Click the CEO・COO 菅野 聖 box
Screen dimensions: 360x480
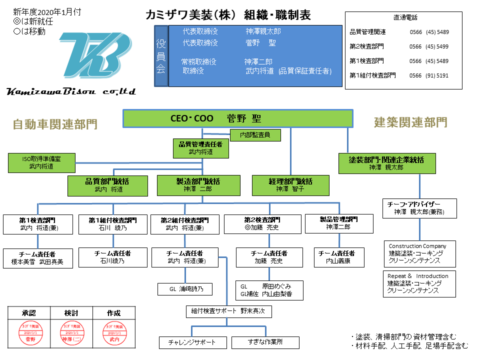click(238, 118)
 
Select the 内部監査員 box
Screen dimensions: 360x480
click(255, 135)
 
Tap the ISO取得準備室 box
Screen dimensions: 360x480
click(41, 163)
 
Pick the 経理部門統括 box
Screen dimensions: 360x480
click(290, 185)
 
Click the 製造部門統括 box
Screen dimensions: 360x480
click(198, 185)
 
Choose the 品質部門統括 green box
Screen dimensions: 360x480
click(108, 185)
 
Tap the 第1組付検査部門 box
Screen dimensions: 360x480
click(113, 224)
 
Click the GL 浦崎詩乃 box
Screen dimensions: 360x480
click(184, 289)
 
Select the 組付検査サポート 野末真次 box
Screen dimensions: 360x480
click(229, 311)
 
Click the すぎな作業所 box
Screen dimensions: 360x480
click(265, 342)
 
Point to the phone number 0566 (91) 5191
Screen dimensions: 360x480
click(428, 75)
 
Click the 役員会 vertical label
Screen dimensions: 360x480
click(160, 56)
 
